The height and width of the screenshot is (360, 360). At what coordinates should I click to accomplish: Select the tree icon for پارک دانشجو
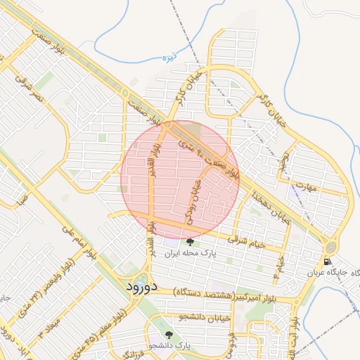(x=168, y=335)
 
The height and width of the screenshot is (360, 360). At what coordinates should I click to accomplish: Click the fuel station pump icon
(x=328, y=262)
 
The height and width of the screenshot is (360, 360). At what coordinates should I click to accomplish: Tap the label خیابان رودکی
(x=193, y=200)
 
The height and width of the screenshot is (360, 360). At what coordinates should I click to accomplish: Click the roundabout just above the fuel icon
(x=330, y=247)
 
